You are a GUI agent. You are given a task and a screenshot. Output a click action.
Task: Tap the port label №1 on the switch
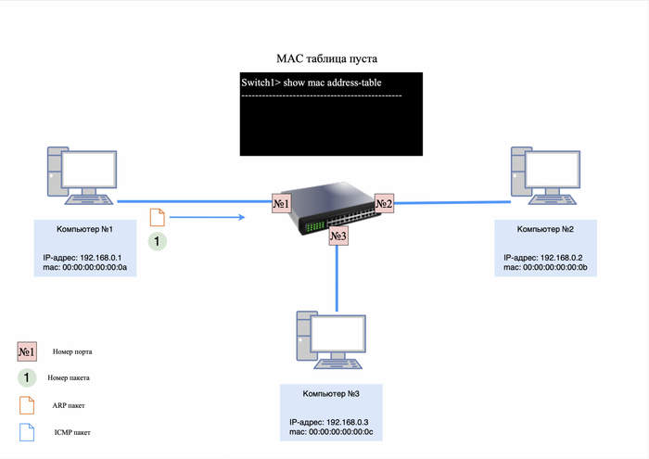(282, 203)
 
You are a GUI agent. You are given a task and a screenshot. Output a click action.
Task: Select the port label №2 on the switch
(384, 203)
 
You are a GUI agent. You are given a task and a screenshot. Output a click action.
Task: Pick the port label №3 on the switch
(338, 237)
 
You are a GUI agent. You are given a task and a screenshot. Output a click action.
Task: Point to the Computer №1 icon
(78, 177)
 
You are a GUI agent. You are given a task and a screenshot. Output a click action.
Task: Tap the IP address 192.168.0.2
(545, 257)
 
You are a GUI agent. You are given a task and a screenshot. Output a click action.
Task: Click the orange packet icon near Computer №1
(158, 217)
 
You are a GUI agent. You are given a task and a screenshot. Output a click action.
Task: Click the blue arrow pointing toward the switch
(208, 218)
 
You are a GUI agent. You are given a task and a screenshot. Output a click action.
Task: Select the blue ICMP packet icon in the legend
(27, 431)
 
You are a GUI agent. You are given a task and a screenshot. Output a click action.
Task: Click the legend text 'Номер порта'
(72, 352)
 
